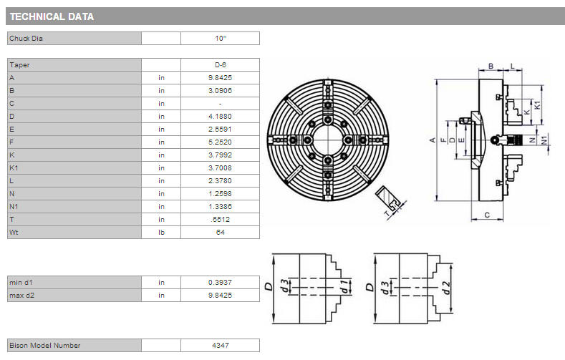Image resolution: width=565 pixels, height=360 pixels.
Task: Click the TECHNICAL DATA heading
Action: pos(52,16)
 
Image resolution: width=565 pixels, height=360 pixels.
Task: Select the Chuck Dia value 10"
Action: pos(220,38)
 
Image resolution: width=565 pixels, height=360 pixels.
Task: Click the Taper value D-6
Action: pos(220,65)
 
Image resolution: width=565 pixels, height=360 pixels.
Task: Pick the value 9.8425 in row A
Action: pos(220,78)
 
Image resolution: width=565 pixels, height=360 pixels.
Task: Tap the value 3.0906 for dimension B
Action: pos(220,91)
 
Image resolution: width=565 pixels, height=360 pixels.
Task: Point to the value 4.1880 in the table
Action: pos(220,116)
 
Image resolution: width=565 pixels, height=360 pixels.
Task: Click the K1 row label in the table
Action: pos(14,167)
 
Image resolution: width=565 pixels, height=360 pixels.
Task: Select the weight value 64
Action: pos(220,232)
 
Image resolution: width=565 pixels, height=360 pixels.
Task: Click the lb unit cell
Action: pos(161,232)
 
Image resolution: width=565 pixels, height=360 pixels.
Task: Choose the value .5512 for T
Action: pos(220,219)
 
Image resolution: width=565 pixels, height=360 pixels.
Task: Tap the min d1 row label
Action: pos(21,282)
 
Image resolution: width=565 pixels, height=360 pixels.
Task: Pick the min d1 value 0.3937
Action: pos(220,282)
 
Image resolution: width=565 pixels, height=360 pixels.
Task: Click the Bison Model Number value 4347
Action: pos(220,345)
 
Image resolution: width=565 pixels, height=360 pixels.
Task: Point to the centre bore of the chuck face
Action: pos(327,140)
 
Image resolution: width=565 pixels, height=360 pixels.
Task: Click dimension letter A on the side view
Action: pos(433,140)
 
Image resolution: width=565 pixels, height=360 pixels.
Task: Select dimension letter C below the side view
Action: pos(487,215)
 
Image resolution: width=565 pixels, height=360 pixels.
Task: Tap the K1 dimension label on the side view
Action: pos(537,105)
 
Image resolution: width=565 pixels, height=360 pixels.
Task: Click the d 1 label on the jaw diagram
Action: pos(344,286)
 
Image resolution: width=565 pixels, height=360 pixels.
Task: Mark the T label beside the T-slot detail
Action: pos(387,214)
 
